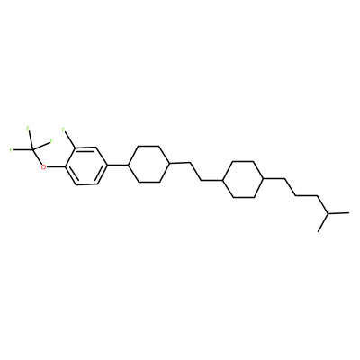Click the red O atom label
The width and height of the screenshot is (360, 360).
click(44, 166)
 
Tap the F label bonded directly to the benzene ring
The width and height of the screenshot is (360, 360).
click(63, 130)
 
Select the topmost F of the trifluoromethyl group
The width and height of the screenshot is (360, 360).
click(28, 129)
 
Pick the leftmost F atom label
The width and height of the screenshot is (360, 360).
click(11, 149)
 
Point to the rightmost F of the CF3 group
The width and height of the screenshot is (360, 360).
click(51, 140)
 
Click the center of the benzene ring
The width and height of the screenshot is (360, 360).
click(86, 166)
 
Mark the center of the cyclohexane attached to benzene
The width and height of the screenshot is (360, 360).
click(148, 164)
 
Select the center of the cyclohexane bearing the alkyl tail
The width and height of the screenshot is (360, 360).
click(244, 179)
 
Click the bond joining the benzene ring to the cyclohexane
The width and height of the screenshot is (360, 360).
click(118, 165)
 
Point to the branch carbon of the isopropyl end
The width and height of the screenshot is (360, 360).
click(328, 213)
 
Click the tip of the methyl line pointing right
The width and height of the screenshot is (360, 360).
click(349, 212)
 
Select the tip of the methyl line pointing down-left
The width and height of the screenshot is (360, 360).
click(318, 231)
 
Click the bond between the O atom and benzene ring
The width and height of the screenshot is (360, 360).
click(56, 166)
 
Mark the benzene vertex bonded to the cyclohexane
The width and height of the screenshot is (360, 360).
click(107, 165)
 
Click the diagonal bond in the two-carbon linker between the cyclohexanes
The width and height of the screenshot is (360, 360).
click(196, 172)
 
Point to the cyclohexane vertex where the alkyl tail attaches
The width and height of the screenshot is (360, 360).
click(265, 179)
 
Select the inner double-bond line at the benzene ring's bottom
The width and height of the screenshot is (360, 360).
click(87, 181)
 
